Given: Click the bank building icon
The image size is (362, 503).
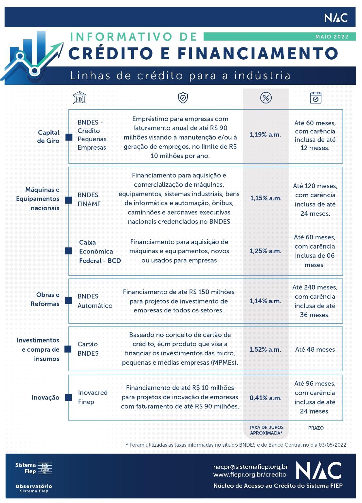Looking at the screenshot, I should point(80,98).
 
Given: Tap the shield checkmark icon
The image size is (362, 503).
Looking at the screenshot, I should point(183,97).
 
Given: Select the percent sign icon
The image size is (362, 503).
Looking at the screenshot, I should point(266,98).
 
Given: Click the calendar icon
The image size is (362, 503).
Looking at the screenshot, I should point(316,98).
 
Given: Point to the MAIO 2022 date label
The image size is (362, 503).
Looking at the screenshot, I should point(332,37).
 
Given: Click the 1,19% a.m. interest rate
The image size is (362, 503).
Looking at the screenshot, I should point(265,135).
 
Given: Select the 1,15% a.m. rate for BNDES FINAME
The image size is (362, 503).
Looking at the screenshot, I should point(266,198).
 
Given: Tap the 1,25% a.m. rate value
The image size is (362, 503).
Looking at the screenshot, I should point(265,251).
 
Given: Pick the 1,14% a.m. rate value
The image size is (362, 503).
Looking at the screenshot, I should point(265,301).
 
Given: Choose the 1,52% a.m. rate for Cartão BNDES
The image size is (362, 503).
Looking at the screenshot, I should point(265,349).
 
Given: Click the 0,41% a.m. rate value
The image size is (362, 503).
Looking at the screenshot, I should point(265,398).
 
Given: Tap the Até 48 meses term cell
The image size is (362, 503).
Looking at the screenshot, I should point(315,349).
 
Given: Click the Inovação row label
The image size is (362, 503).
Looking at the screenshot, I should point(45,398).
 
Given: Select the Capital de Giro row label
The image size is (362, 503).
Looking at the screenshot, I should point(48,137).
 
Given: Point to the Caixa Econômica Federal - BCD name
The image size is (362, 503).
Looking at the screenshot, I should point(100,251).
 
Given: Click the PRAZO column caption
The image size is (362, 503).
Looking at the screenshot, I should point(316,428).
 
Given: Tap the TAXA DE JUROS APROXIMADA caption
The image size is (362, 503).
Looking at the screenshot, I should point(266,430).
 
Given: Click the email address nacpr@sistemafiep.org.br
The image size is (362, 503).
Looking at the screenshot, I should point(250,467).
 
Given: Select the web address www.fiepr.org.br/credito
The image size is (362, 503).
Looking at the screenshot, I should point(250,475).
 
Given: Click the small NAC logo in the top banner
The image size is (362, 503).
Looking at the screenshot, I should point(336,18).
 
